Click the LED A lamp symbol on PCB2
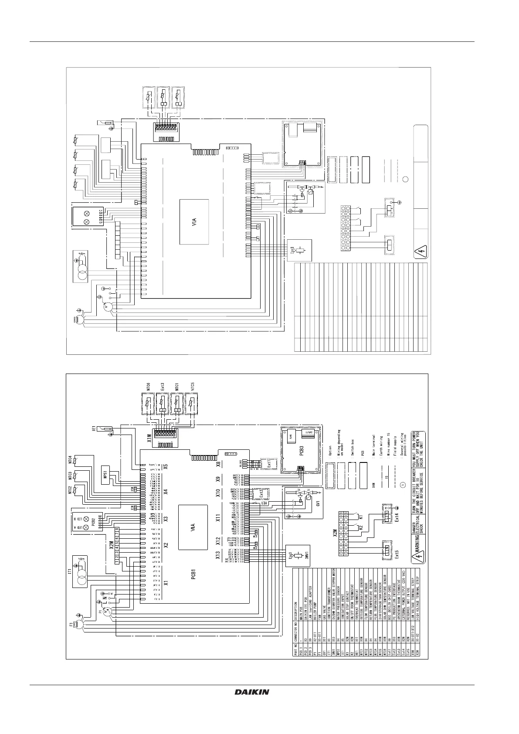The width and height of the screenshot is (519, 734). pyautogui.click(x=86, y=528)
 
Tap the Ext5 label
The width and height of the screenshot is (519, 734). pyautogui.click(x=396, y=559)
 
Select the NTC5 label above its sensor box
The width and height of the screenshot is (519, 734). pyautogui.click(x=192, y=387)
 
